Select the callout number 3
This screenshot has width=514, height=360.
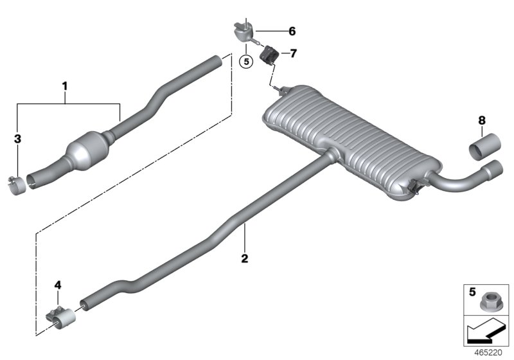17,138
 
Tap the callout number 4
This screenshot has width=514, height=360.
58,283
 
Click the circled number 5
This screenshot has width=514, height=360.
244,62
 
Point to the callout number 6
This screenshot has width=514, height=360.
292,31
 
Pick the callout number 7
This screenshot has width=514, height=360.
293,53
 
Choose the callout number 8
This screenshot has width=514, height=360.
481,120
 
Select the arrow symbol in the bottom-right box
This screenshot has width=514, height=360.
485,333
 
